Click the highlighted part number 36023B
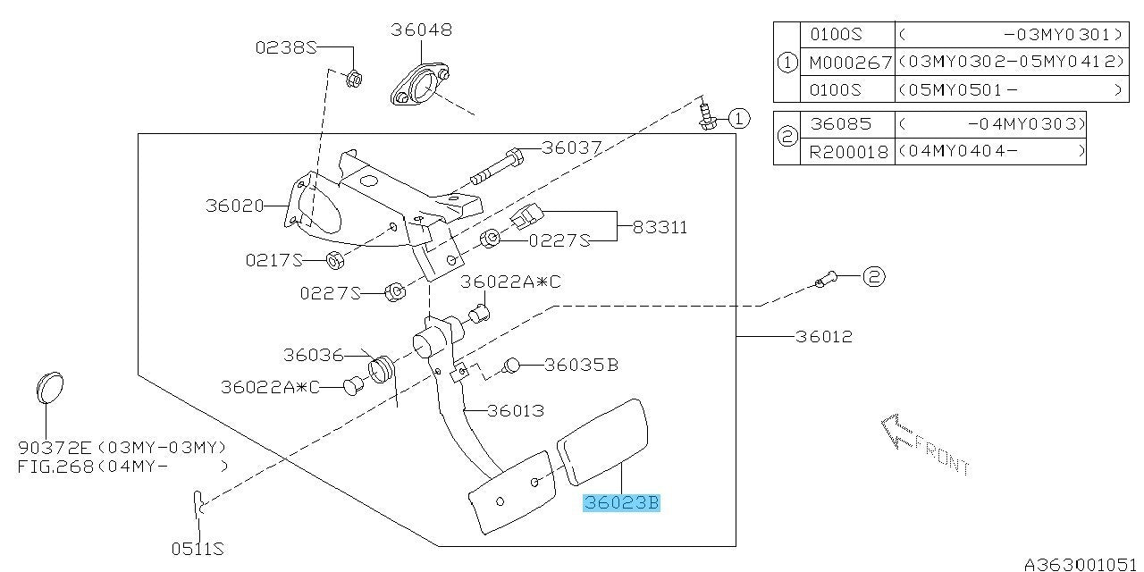pos(621,504)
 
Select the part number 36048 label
pos(421,29)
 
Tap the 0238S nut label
pos(286,48)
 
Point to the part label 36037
pos(572,148)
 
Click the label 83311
pos(660,227)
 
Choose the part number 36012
pos(823,337)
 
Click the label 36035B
pos(581,365)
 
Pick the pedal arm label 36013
pos(516,411)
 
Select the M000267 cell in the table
pos(850,62)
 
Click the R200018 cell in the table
pos(850,152)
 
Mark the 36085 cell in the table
pos(840,123)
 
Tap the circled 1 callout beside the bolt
pos(738,118)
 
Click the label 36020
pos(234,206)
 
